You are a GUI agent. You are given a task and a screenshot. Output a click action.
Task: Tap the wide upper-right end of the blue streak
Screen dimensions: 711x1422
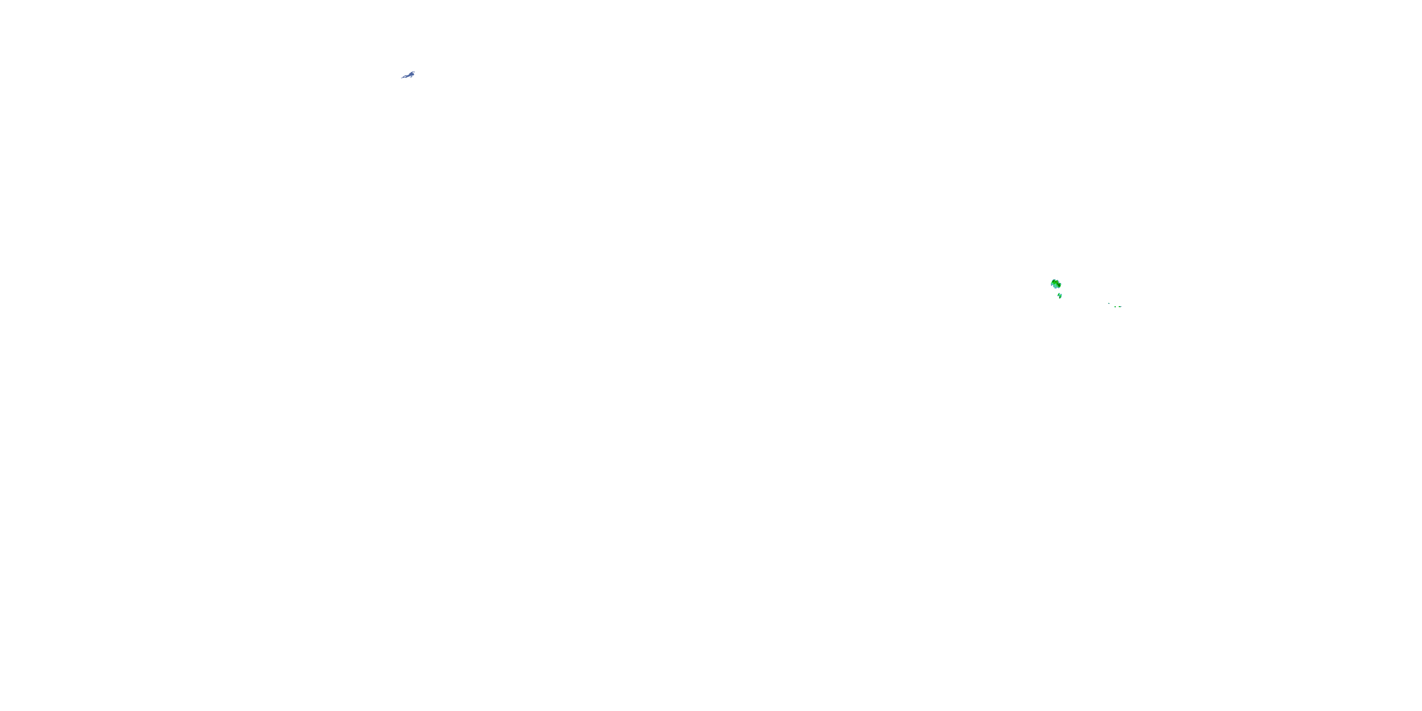(x=412, y=74)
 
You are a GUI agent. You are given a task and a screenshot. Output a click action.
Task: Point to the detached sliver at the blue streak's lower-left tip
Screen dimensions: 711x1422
(x=402, y=78)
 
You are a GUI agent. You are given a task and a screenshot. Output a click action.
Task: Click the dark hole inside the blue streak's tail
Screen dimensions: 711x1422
(x=405, y=77)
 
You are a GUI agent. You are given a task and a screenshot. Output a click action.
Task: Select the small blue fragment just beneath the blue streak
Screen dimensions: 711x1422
(x=411, y=77)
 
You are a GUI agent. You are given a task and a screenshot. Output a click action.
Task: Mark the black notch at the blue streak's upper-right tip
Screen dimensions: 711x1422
(x=413, y=73)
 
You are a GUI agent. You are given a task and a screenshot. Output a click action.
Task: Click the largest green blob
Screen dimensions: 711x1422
(x=1056, y=284)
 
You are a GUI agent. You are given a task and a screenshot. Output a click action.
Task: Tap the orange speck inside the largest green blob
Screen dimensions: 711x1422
(x=1057, y=282)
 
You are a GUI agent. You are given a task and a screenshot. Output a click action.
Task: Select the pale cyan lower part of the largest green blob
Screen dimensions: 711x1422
(x=1056, y=286)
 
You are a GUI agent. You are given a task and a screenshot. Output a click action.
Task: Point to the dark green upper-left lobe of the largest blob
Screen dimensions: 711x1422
(x=1054, y=282)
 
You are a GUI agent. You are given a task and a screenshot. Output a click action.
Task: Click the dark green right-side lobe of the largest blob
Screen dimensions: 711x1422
(x=1059, y=285)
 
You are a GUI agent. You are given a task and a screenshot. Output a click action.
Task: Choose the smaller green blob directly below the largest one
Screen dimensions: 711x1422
(x=1060, y=296)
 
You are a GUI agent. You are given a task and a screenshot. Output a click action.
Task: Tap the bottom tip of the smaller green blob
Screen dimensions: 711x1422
(x=1060, y=299)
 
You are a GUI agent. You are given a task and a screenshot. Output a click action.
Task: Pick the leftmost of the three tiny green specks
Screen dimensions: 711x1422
(x=1109, y=304)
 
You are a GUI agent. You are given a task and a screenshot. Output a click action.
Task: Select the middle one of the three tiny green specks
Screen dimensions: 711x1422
(x=1115, y=307)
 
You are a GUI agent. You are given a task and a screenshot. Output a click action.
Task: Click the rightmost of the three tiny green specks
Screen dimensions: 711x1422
(x=1120, y=307)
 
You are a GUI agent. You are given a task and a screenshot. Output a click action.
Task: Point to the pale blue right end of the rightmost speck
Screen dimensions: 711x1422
(x=1121, y=307)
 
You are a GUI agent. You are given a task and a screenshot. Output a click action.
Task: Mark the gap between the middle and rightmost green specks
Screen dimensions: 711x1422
(x=1117, y=307)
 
